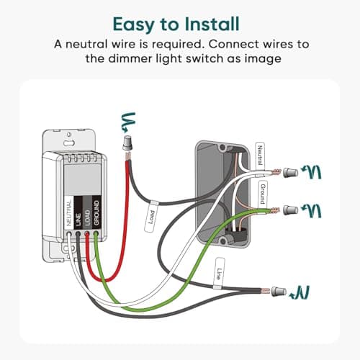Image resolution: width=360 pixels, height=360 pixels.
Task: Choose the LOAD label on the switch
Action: point(87,217)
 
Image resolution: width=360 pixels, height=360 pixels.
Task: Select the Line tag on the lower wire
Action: point(219,274)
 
